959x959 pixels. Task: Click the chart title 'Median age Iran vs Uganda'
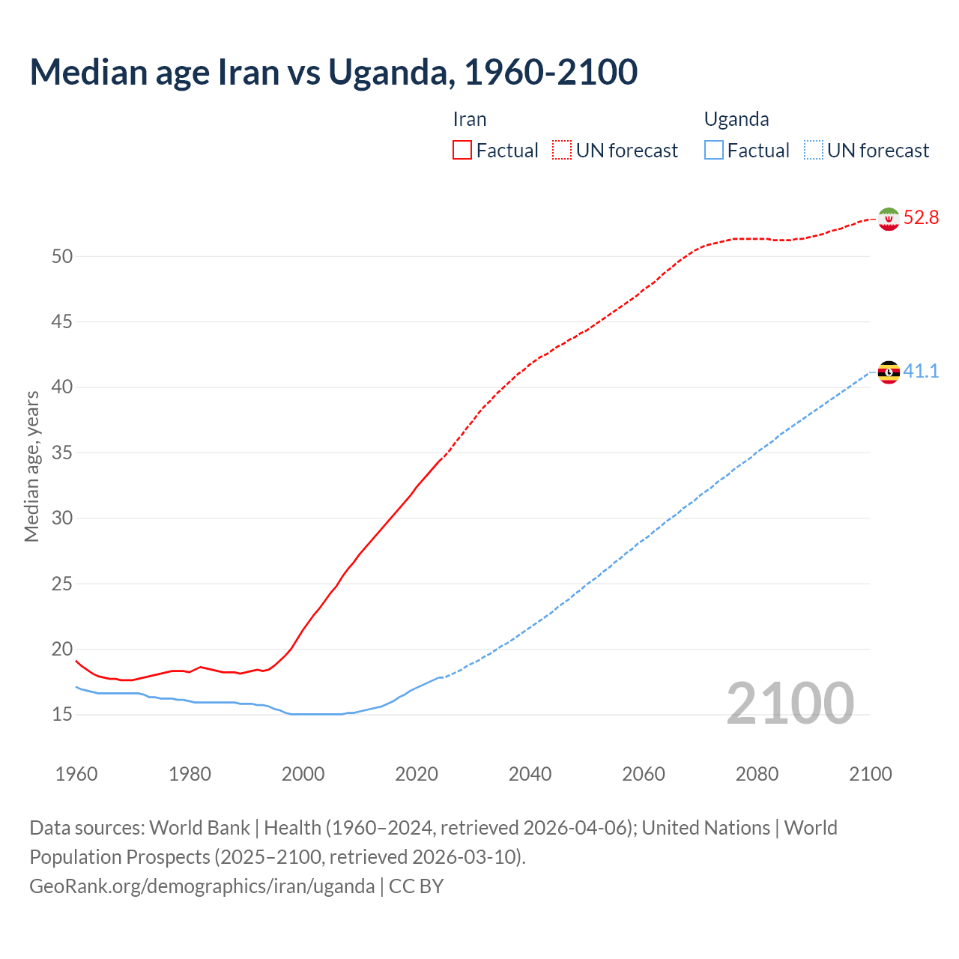point(333,72)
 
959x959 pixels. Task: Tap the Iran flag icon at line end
point(889,219)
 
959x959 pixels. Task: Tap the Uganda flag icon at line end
point(889,372)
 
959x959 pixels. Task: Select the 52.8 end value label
point(921,218)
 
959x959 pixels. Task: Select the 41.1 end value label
point(921,371)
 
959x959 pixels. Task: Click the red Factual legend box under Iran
point(462,151)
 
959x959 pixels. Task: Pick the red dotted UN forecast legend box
point(562,151)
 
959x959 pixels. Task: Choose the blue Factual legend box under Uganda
point(714,151)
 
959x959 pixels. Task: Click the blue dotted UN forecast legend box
point(814,151)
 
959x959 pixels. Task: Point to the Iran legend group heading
point(470,119)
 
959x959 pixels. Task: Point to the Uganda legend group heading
point(736,119)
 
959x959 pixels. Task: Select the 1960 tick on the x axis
point(76,774)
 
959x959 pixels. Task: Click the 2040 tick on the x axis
point(530,774)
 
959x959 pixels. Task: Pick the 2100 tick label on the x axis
point(871,774)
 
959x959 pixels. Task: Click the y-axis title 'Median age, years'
point(31,466)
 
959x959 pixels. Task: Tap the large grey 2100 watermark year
point(790,703)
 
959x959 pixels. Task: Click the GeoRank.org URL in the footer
point(202,886)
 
